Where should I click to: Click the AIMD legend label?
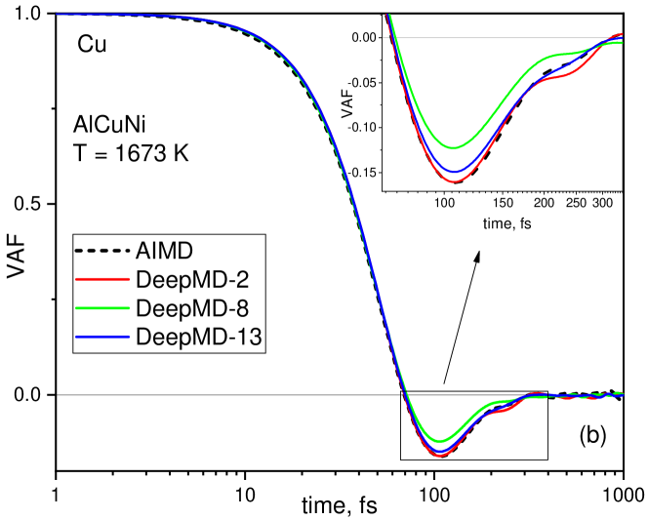(x=165, y=252)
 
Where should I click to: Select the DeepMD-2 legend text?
(x=192, y=280)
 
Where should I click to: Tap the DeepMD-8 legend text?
(x=192, y=309)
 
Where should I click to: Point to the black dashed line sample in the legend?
(x=102, y=252)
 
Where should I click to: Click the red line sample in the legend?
(x=102, y=280)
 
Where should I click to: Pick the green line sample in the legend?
(x=102, y=309)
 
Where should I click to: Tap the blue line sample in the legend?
(x=102, y=338)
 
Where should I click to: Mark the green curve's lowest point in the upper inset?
(x=453, y=147)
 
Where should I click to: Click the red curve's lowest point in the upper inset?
(x=454, y=181)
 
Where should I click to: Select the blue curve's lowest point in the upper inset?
(x=453, y=172)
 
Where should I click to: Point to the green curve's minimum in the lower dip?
(x=442, y=440)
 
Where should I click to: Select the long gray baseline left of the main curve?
(x=224, y=395)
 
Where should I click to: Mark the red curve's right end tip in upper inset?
(x=623, y=34)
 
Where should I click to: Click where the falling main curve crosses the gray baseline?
(x=405, y=395)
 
